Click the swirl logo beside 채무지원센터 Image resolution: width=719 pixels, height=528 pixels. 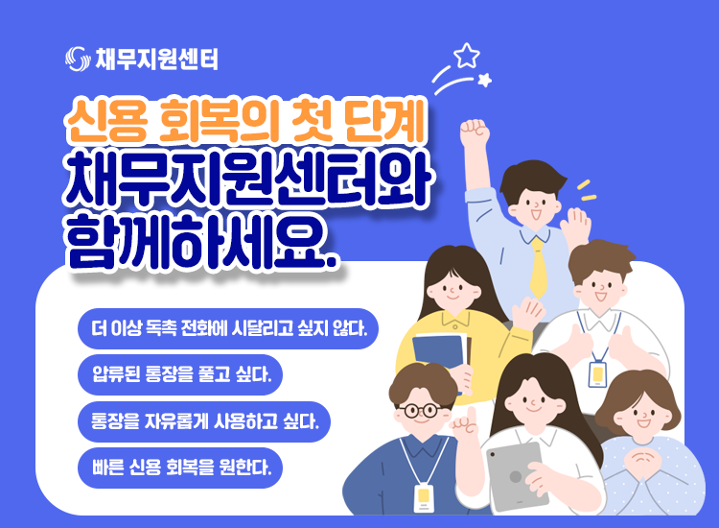[x=77, y=59]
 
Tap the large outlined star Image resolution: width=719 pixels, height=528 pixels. [x=467, y=56]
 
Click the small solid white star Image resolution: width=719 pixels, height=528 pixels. [x=484, y=80]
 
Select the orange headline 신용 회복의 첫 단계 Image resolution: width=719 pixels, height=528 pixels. [x=246, y=120]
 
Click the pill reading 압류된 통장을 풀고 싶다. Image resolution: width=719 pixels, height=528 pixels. [x=180, y=374]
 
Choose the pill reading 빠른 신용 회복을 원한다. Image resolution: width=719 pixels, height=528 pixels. [x=180, y=468]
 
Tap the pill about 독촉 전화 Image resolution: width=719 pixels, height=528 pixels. [x=228, y=328]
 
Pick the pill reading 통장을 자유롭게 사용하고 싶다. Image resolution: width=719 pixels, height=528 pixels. [x=204, y=421]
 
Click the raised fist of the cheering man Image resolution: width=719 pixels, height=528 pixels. [x=475, y=132]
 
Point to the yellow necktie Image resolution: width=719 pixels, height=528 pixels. [x=538, y=268]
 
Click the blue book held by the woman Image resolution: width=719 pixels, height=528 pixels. [x=439, y=354]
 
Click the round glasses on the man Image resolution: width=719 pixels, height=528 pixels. [x=418, y=410]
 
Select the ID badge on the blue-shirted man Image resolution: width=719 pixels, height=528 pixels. [x=423, y=497]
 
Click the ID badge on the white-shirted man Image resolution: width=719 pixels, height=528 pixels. [x=597, y=374]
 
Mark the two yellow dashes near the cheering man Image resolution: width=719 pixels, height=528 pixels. [x=586, y=191]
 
